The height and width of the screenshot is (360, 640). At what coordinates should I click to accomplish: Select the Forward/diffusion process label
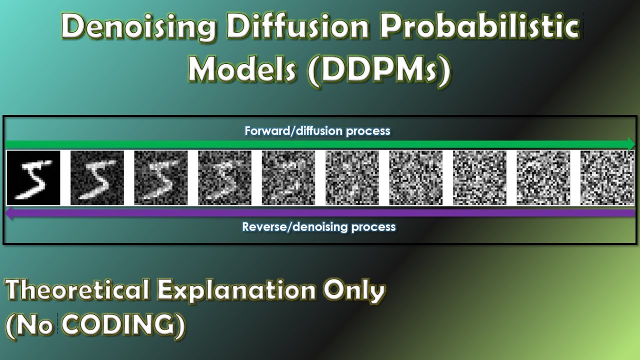click(317, 131)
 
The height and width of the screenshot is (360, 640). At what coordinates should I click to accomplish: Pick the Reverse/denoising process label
click(319, 227)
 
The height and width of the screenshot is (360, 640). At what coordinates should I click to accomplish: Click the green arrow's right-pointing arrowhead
click(630, 144)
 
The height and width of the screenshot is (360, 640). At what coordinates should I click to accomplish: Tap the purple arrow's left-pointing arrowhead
click(9, 213)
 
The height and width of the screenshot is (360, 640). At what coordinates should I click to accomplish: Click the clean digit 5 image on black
click(33, 178)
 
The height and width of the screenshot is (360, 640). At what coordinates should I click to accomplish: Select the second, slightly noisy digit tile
click(97, 178)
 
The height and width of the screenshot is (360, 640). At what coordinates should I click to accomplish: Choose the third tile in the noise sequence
click(161, 178)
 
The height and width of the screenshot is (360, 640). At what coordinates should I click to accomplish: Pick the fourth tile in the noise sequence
click(224, 178)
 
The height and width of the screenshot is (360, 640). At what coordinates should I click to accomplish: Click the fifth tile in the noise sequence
click(288, 178)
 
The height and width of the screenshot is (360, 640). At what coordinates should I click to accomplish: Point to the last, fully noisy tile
click(607, 178)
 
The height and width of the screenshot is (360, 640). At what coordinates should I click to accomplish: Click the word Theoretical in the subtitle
click(77, 291)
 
